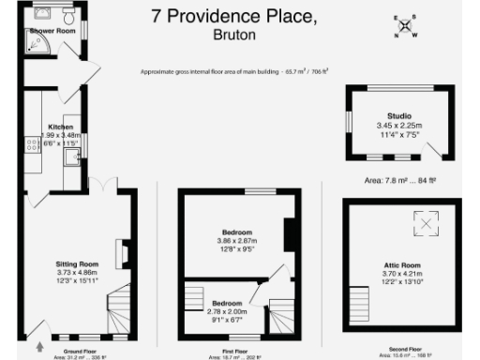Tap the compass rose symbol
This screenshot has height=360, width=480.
point(405,26)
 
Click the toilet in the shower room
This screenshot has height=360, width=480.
point(68,19)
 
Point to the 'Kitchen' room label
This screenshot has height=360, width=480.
point(61,126)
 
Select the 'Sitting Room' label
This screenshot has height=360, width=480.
point(77,264)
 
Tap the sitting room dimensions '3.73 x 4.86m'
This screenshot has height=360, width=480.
point(77,273)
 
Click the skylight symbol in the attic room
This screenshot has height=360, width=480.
point(427,223)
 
